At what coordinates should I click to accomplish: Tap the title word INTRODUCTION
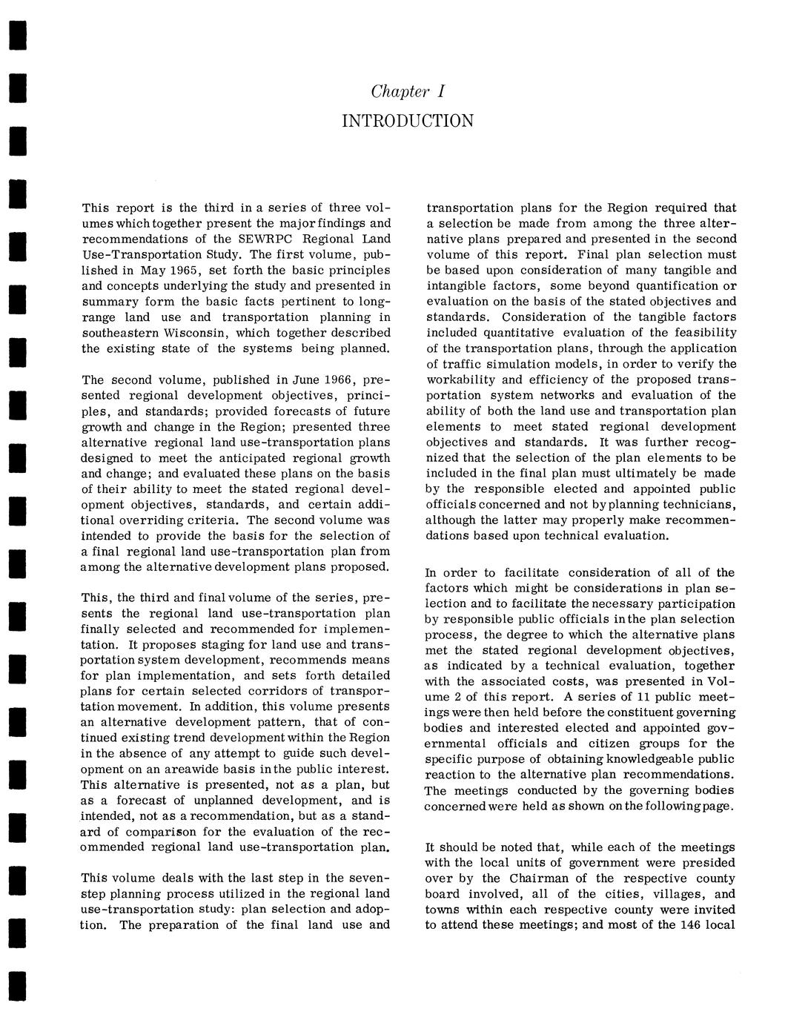pyautogui.click(x=407, y=121)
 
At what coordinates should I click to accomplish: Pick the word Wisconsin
pyautogui.click(x=195, y=333)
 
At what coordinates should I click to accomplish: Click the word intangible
pyautogui.click(x=456, y=286)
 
